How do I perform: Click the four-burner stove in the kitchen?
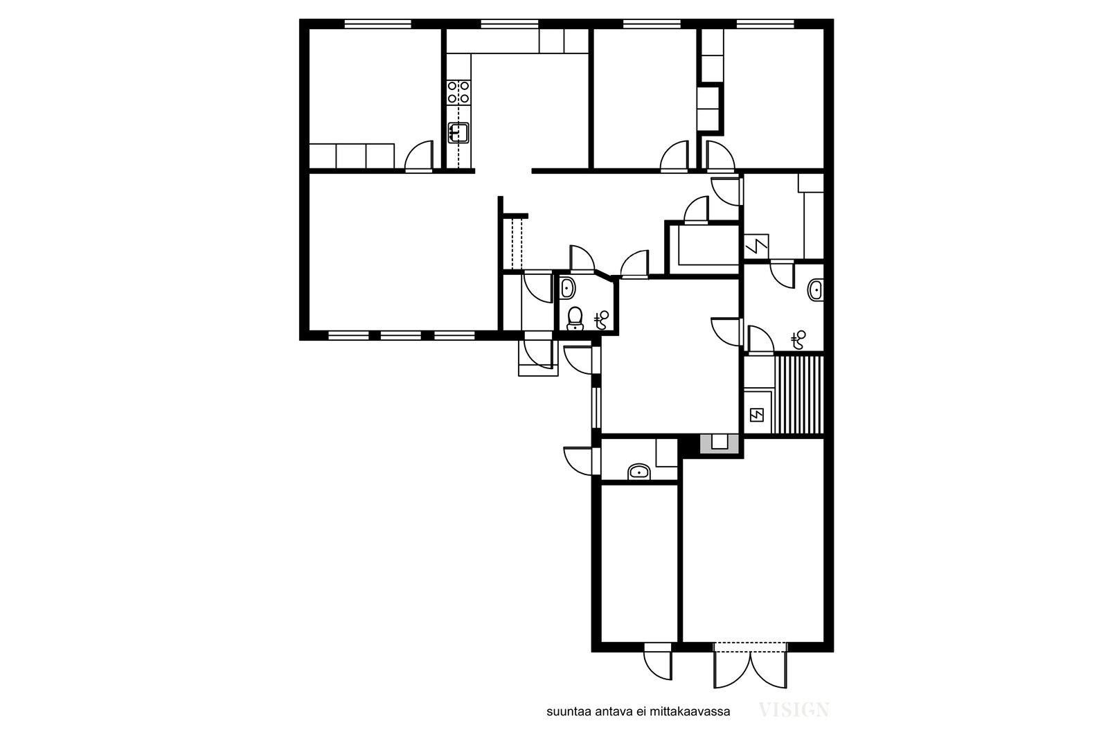click(458, 93)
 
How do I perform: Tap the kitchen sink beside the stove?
click(458, 133)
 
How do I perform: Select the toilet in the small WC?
click(575, 318)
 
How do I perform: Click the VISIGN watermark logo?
click(794, 710)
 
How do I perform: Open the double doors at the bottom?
click(750, 666)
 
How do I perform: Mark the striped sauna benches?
click(799, 395)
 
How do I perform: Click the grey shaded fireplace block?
click(720, 444)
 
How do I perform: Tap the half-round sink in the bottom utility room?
click(639, 472)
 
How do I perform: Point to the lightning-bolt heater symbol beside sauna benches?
click(757, 414)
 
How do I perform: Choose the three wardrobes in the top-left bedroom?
click(352, 157)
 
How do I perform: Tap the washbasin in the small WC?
click(567, 288)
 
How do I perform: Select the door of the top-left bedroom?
click(419, 156)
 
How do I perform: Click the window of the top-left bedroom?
click(378, 24)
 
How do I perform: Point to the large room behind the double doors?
click(753, 549)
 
